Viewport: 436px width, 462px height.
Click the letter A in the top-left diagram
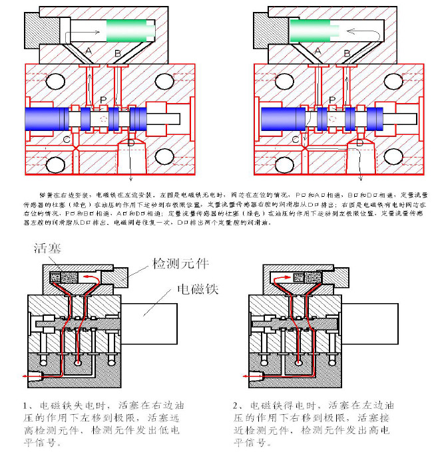pyautogui.click(x=89, y=51)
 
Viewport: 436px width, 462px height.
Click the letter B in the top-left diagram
pyautogui.click(x=118, y=52)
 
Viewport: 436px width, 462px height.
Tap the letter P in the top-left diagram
pyautogui.click(x=103, y=99)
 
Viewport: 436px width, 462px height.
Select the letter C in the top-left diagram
pyautogui.click(x=67, y=140)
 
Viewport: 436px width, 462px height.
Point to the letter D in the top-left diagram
pyautogui.click(x=130, y=143)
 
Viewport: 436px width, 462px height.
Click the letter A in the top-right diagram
pyautogui.click(x=318, y=51)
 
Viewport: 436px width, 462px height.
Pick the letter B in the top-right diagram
pyautogui.click(x=347, y=52)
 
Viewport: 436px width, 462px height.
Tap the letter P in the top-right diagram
pyautogui.click(x=332, y=99)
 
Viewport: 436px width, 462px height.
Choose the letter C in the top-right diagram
pyautogui.click(x=296, y=140)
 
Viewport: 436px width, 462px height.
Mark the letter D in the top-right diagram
pyautogui.click(x=359, y=143)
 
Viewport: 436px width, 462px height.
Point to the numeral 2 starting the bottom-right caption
pyautogui.click(x=236, y=405)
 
